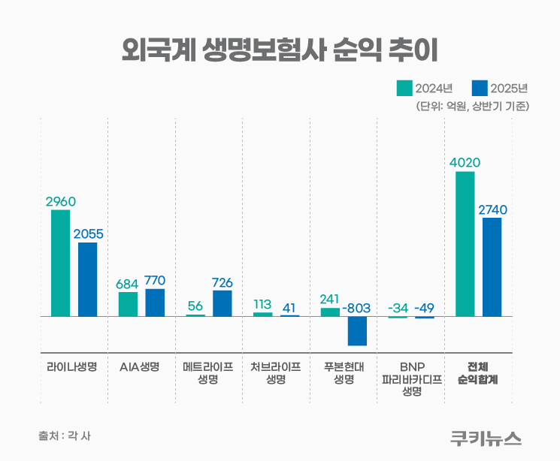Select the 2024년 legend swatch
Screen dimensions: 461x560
(404, 88)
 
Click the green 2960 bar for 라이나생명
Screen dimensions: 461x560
(61, 263)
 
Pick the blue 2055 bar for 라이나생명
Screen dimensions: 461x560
(88, 279)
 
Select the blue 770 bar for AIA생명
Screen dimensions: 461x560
(155, 303)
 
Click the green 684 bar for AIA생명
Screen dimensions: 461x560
(128, 304)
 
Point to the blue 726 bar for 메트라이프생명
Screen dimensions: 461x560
(222, 303)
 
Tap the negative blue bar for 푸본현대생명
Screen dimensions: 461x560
(357, 331)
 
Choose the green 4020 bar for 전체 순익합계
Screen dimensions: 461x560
(465, 244)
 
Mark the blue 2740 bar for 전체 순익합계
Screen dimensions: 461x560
(492, 267)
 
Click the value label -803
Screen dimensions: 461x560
(357, 308)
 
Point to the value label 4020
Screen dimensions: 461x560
(465, 162)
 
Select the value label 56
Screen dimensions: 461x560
(195, 306)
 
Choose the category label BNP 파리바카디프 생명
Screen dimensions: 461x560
(411, 379)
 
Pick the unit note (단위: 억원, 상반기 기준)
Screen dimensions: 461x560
(473, 107)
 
